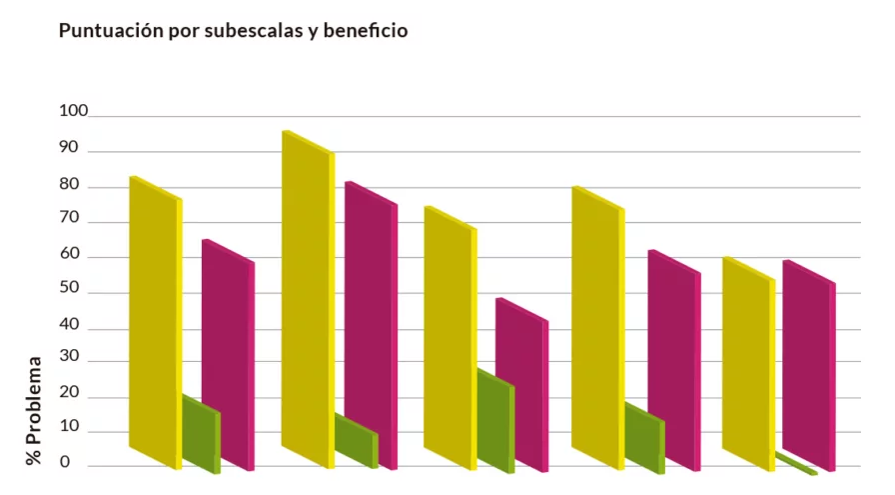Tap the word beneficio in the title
[364, 31]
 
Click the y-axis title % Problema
[34, 411]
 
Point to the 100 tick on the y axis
[74, 111]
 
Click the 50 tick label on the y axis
[69, 293]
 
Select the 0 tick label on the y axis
[65, 462]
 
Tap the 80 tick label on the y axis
[69, 186]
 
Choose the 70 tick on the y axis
[69, 222]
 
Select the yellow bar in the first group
[155, 320]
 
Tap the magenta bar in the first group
[228, 355]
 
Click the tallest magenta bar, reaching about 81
[371, 325]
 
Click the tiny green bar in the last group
[797, 464]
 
